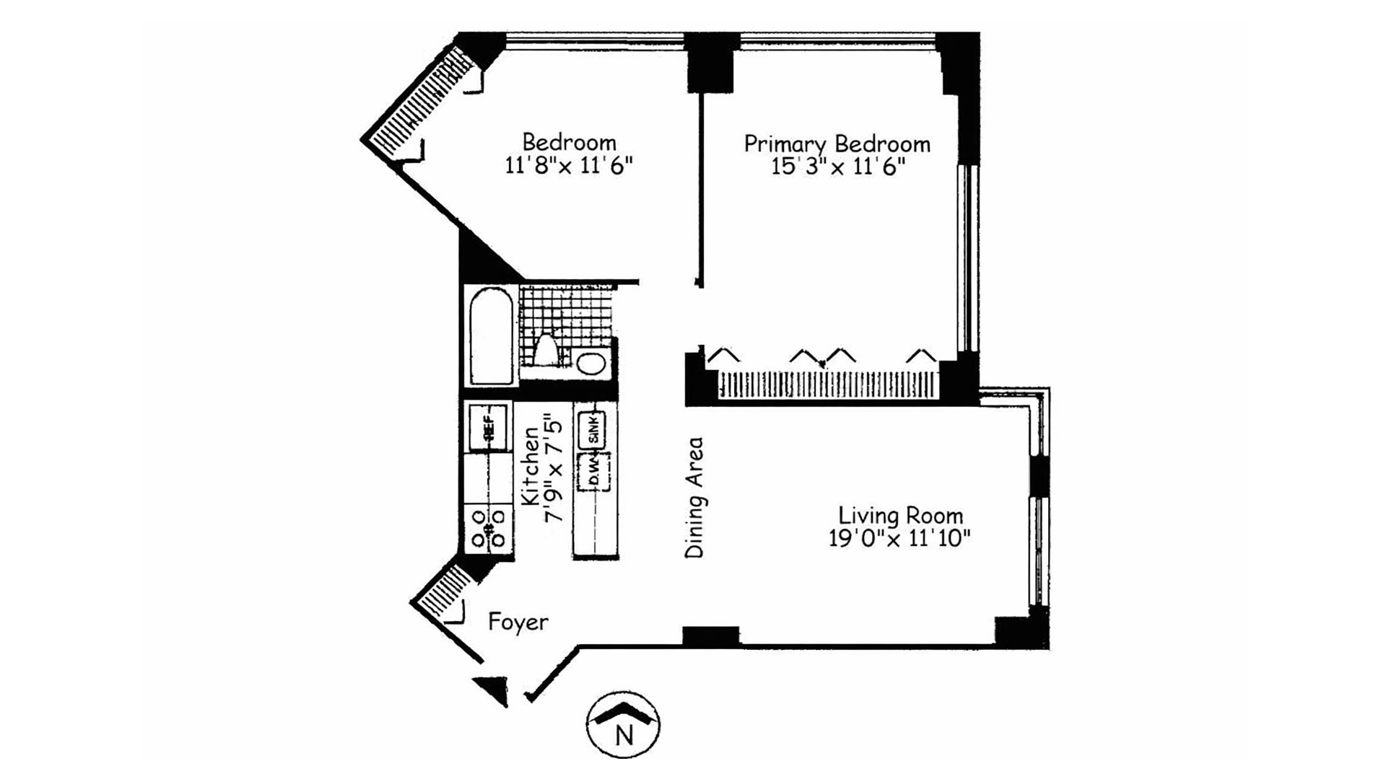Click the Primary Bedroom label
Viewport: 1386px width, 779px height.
click(x=837, y=144)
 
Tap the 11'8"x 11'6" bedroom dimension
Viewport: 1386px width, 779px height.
click(x=569, y=166)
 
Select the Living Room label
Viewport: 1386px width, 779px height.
click(x=900, y=516)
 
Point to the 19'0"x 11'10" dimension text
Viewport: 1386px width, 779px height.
click(x=899, y=539)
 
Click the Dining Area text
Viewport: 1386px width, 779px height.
click(x=694, y=497)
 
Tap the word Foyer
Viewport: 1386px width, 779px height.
click(x=518, y=622)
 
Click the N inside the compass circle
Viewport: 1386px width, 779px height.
click(x=624, y=736)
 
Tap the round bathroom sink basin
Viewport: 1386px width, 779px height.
click(x=591, y=364)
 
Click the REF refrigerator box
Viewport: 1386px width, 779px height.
click(x=487, y=428)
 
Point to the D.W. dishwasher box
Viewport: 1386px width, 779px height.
click(x=593, y=472)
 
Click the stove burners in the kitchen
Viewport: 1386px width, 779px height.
click(x=489, y=528)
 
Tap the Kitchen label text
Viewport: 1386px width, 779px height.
click(x=531, y=466)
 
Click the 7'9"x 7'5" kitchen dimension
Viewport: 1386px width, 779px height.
click(x=553, y=466)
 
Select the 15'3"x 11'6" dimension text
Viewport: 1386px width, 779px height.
click(x=837, y=167)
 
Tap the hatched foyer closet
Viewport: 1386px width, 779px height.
click(x=443, y=591)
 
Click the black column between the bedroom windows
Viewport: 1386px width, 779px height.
click(x=710, y=63)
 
